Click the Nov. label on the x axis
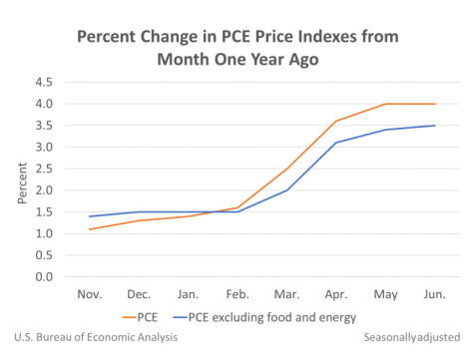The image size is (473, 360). pyautogui.click(x=90, y=295)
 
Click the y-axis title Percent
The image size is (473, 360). pyautogui.click(x=23, y=180)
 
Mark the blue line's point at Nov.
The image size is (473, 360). pyautogui.click(x=90, y=216)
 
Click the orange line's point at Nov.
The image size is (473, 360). pyautogui.click(x=90, y=229)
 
